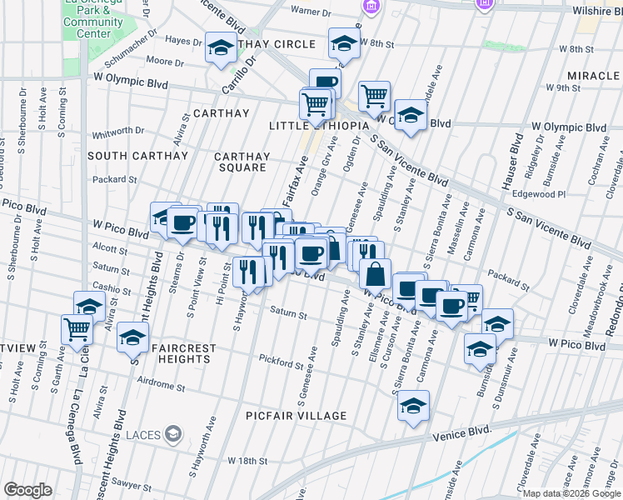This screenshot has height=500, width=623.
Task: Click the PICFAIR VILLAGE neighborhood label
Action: (x=296, y=416)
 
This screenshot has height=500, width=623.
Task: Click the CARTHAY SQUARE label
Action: (x=242, y=162)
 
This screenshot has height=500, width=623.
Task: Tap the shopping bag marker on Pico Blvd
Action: (x=375, y=273)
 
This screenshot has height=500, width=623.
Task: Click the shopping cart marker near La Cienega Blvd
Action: (x=77, y=329)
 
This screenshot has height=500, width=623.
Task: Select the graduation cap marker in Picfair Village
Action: (x=412, y=407)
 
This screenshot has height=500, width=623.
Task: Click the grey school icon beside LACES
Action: (x=173, y=433)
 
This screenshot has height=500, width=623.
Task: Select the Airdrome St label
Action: (x=162, y=386)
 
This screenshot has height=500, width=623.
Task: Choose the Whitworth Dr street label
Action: (x=118, y=131)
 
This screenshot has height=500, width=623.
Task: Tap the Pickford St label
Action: (x=281, y=363)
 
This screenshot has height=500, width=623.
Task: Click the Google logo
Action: (x=27, y=490)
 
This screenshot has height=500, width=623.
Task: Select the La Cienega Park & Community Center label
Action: (x=93, y=18)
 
